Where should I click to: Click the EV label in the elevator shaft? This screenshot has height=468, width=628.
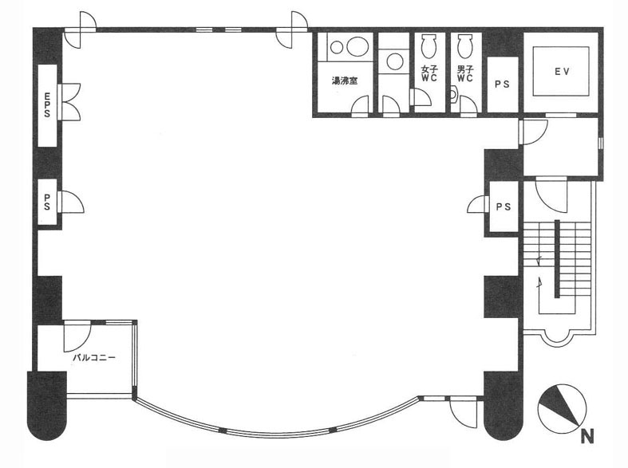coord(562,72)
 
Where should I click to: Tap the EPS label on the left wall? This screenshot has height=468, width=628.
coord(47,104)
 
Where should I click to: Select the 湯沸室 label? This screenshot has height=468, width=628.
coord(345,81)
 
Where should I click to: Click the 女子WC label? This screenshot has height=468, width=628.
coord(429,73)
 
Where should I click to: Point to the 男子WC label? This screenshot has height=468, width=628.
coord(465,73)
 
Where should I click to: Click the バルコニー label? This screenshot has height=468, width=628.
coord(93,357)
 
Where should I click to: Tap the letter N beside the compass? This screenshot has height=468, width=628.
coord(587,436)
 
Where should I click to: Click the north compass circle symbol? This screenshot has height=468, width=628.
coord(562,408)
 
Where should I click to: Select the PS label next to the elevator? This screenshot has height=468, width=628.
coord(502,85)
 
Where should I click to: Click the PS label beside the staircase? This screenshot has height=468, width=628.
coord(504,206)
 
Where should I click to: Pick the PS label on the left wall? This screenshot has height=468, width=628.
coord(47,202)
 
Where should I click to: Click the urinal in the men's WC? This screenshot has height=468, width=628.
coord(454,94)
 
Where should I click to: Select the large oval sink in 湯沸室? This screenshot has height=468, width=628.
coord(357,47)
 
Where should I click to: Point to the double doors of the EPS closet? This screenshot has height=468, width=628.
coord(69,101)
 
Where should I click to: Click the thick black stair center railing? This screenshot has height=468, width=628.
coord(557,259)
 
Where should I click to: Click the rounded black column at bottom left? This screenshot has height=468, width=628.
coord(46,406)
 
